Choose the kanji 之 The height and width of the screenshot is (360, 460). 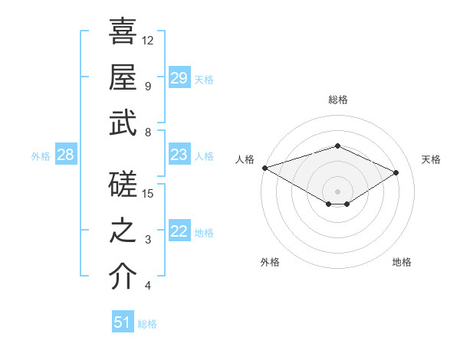click(123, 231)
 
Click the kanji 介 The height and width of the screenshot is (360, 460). click(123, 277)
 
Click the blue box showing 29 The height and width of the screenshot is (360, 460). click(179, 77)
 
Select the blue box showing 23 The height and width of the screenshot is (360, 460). click(179, 155)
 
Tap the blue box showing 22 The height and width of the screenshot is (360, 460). click(179, 232)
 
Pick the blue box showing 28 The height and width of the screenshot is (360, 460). click(65, 155)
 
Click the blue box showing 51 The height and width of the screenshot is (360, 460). click(122, 322)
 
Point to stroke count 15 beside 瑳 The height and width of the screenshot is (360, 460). click(149, 193)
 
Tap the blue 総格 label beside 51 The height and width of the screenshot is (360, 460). click(147, 324)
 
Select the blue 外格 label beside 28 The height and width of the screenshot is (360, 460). click(41, 156)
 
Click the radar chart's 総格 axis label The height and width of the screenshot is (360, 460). click(337, 100)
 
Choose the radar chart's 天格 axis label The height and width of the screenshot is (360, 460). click(431, 159)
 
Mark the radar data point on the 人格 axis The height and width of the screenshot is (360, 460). click(264, 168)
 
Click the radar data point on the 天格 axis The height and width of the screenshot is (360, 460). click(396, 172)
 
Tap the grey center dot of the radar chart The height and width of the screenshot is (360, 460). click(337, 190)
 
